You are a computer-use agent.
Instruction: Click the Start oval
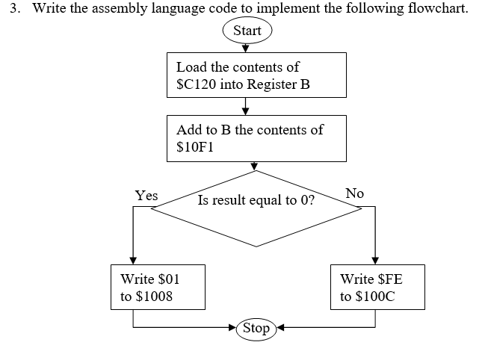click(x=247, y=31)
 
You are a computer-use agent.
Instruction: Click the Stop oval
click(x=256, y=328)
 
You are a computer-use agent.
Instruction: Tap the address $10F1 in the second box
click(x=195, y=146)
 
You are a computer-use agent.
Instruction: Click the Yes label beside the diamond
click(x=146, y=196)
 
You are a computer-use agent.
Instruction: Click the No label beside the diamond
click(x=354, y=193)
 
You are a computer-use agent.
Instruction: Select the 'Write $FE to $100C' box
click(x=377, y=288)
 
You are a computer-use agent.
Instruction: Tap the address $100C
click(x=377, y=297)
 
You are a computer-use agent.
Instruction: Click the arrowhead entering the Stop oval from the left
click(x=232, y=327)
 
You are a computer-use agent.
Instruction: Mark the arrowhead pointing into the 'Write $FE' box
click(x=374, y=261)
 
